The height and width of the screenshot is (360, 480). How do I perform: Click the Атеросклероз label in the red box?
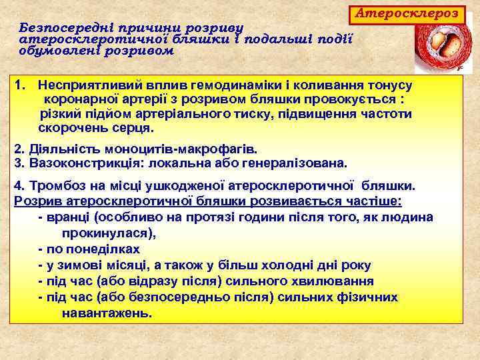(407, 13)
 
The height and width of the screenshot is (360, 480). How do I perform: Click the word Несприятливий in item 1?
(83, 85)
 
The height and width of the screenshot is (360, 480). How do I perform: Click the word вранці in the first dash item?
(69, 217)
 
